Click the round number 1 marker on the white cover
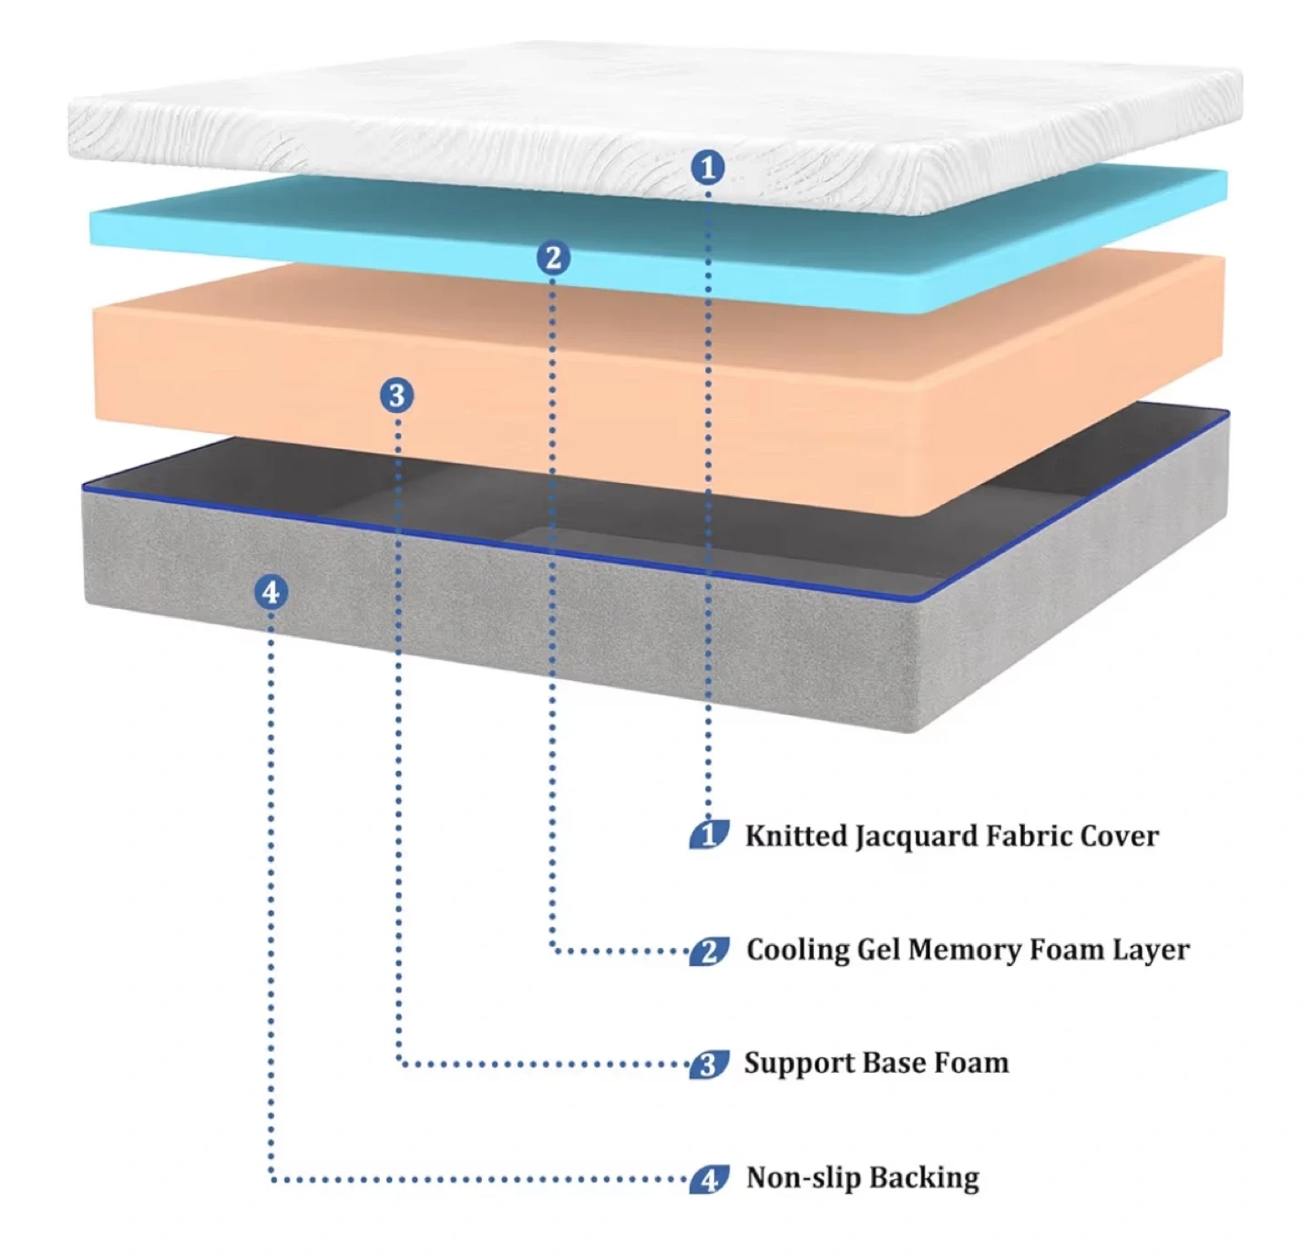[x=708, y=168]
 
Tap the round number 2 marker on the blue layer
[x=553, y=258]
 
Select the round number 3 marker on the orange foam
[x=396, y=396]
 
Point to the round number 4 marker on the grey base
[x=271, y=592]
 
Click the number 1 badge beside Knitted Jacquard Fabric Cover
[x=709, y=835]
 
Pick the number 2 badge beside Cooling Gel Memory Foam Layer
[x=709, y=951]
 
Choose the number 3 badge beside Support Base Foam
[x=708, y=1064]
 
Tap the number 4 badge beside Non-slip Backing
[x=709, y=1178]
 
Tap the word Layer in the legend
[x=1151, y=950]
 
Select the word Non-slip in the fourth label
[x=799, y=1177]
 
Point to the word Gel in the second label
[x=878, y=950]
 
